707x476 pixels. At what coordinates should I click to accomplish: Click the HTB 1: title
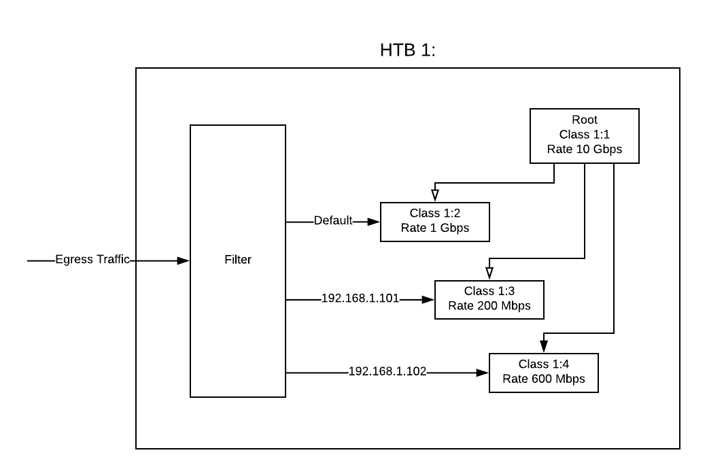pos(407,51)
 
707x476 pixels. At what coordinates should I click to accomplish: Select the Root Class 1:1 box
pos(584,135)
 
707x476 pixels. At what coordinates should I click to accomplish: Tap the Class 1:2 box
pos(434,222)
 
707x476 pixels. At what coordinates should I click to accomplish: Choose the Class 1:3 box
pos(489,299)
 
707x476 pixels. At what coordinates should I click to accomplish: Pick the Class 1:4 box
pos(543,373)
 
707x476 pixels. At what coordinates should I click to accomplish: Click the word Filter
pos(238,260)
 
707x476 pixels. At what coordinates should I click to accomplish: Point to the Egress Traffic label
pos(92,260)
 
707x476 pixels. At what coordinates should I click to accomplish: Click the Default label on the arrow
pos(333,221)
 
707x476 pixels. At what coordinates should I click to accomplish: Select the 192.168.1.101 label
pos(360,299)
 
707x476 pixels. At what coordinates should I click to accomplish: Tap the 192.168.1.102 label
pos(387,372)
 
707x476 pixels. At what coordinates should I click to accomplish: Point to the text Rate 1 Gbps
pos(434,228)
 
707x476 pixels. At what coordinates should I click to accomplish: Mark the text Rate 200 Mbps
pos(489,306)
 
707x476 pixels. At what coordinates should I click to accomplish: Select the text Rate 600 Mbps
pos(543,379)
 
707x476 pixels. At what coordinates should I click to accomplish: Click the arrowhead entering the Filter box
pos(184,260)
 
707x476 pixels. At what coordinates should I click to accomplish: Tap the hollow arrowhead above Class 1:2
pos(435,197)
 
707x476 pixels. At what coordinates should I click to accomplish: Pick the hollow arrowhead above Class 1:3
pos(489,274)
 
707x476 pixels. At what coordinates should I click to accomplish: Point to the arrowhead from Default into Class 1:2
pos(375,222)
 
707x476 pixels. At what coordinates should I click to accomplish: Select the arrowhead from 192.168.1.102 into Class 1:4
pos(483,373)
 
